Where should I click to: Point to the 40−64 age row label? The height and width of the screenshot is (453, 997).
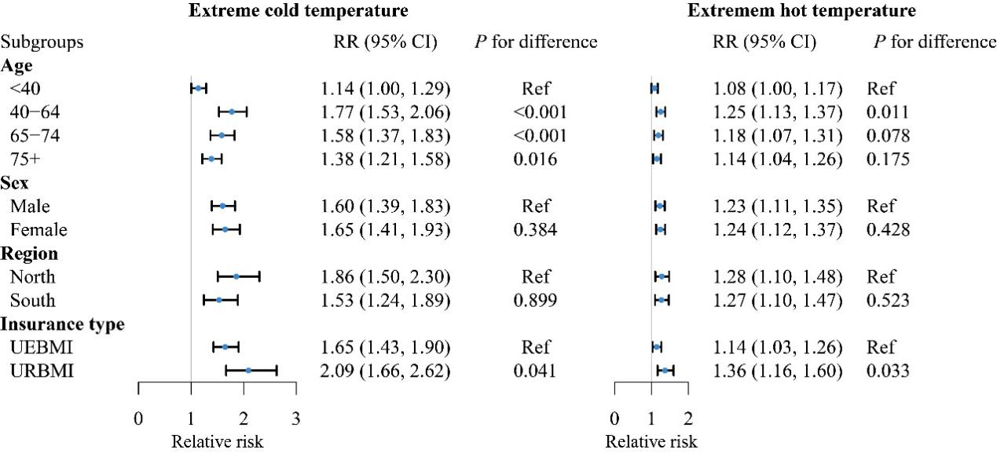point(36,112)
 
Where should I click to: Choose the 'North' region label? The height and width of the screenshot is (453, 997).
point(32,276)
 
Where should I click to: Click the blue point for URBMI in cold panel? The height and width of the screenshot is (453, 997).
point(248,370)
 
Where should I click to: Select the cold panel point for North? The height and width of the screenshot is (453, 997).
point(236,276)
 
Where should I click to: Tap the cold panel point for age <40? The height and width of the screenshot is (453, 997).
point(198,89)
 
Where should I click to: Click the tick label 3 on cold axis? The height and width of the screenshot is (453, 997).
point(295,417)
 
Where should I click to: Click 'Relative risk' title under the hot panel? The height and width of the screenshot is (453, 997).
point(651,441)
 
